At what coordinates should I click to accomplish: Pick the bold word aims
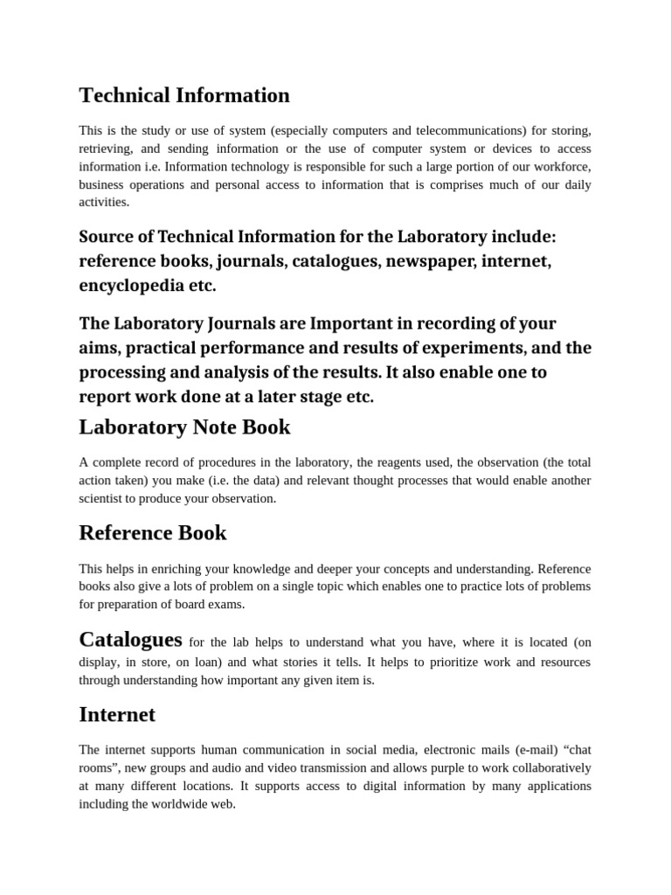point(97,348)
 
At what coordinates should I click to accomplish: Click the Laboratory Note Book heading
point(184,427)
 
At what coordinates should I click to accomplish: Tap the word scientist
point(102,498)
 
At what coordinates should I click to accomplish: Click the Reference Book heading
point(153,532)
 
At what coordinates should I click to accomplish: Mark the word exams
point(226,604)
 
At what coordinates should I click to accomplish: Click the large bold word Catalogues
point(130,639)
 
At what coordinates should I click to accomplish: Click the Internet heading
point(117,714)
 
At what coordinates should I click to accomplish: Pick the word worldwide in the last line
point(183,803)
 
